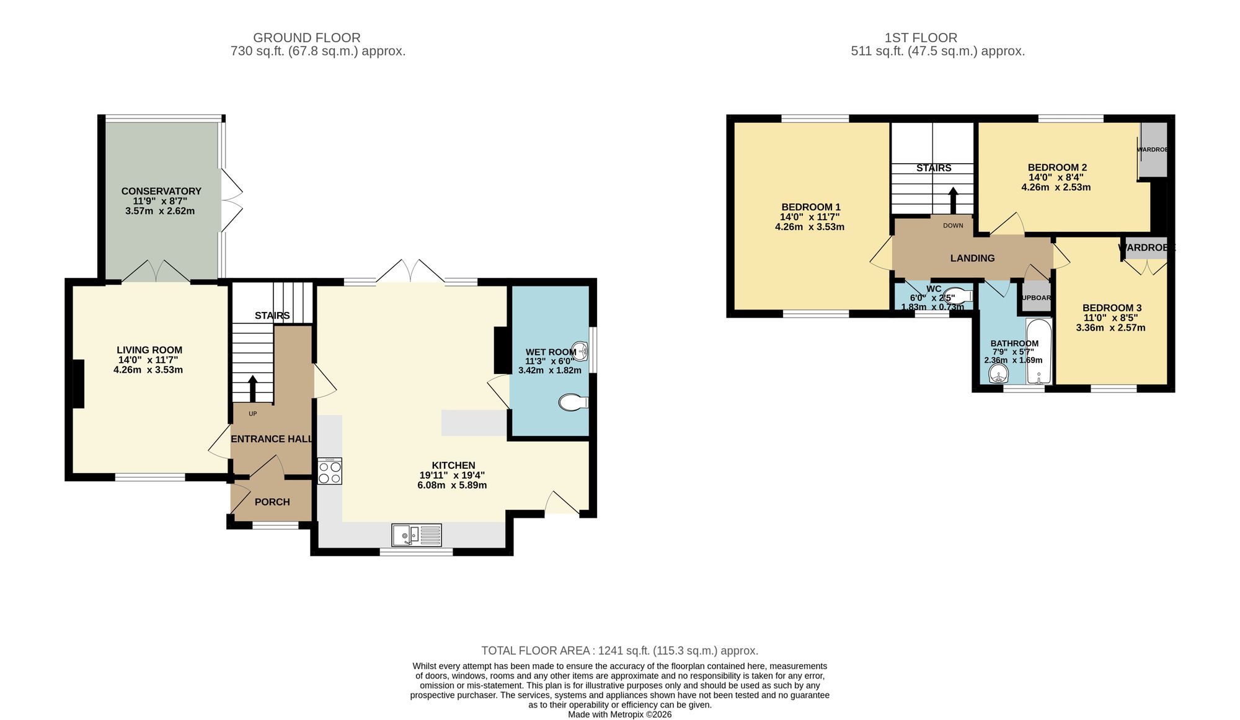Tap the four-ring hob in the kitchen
(329, 471)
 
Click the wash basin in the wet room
(579, 350)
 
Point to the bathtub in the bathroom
(1038, 352)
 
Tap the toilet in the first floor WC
(957, 295)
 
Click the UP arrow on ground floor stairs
(252, 388)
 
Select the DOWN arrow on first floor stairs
(953, 200)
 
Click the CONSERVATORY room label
(161, 191)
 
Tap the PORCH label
(272, 502)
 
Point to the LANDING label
(972, 258)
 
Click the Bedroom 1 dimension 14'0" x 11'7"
(810, 217)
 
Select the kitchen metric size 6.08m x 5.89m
(452, 485)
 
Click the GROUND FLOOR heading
(306, 38)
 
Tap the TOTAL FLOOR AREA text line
(619, 651)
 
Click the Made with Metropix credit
(619, 714)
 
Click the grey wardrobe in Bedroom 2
(1154, 149)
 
